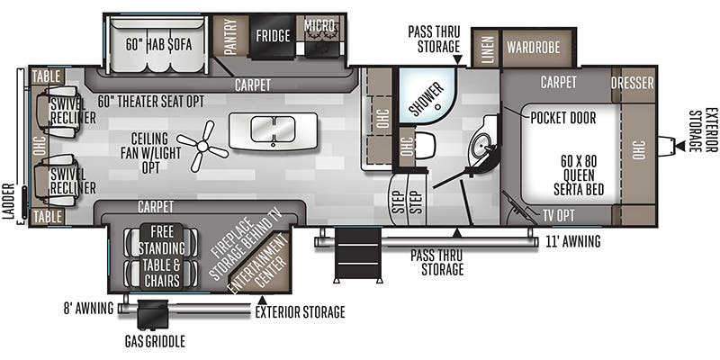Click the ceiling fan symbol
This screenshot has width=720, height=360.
click(202, 146)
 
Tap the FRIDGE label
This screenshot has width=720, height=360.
click(273, 36)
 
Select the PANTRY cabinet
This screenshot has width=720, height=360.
click(230, 36)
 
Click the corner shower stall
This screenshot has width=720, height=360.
click(426, 95)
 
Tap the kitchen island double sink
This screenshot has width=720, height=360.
click(273, 129)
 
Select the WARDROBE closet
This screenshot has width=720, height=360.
click(534, 47)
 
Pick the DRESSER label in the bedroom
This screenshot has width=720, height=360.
click(633, 83)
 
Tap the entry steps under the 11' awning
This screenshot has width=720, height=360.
click(357, 255)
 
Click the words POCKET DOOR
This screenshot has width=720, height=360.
click(563, 118)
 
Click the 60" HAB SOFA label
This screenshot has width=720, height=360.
click(158, 44)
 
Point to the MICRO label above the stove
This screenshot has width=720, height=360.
click(320, 26)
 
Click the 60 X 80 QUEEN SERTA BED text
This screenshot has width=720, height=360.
click(579, 175)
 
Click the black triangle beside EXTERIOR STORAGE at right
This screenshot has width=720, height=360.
click(679, 146)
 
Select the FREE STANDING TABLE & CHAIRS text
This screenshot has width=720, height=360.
click(161, 256)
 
